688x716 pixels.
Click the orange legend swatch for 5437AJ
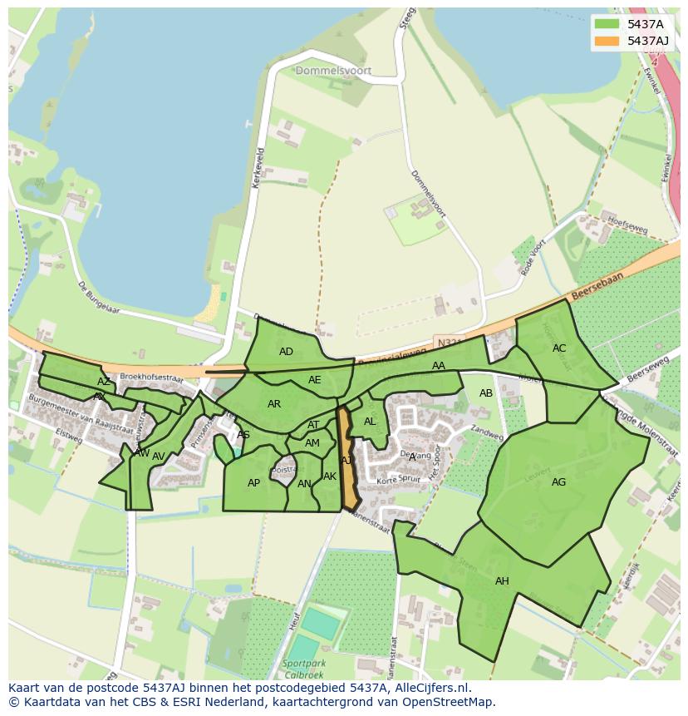click(x=607, y=41)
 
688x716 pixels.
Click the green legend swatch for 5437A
click(x=607, y=24)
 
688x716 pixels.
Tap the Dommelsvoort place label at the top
click(x=333, y=72)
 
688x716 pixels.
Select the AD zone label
click(x=286, y=352)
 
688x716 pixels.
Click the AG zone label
click(x=558, y=482)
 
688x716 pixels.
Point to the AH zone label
click(x=502, y=581)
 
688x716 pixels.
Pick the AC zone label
click(x=559, y=348)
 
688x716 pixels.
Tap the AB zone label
click(x=486, y=393)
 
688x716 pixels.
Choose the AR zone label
click(x=274, y=404)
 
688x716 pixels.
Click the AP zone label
click(x=253, y=483)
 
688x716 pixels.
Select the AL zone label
click(x=370, y=422)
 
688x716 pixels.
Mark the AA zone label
click(x=439, y=366)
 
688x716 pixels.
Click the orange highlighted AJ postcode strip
click(x=347, y=462)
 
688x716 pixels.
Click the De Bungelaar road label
click(x=99, y=297)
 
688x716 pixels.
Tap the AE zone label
click(x=314, y=380)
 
